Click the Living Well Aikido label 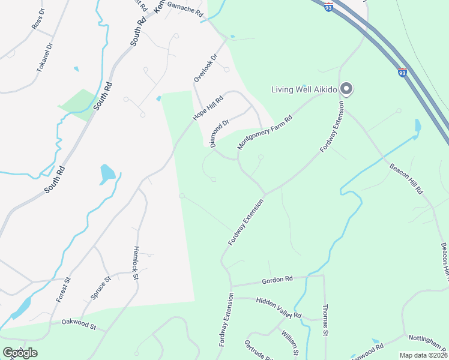304,90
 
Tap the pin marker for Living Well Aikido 346,89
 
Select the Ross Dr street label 38,19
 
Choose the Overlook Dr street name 204,68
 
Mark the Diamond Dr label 220,133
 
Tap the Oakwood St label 79,324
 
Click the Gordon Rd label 277,280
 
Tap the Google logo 20,352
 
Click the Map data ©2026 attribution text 423,355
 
